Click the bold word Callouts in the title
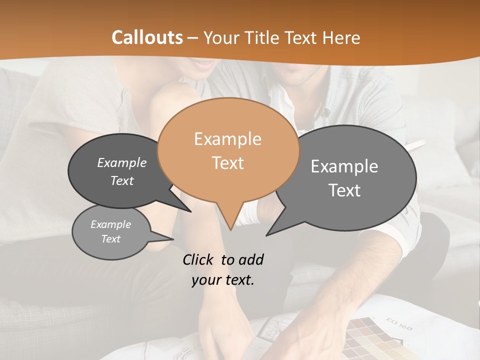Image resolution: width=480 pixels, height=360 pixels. (147, 37)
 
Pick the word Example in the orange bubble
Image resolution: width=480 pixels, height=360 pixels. (227, 139)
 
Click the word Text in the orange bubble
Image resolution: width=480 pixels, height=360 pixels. (228, 163)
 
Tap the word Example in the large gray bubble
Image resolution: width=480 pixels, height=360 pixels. (344, 166)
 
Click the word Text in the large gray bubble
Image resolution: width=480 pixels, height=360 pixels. (344, 190)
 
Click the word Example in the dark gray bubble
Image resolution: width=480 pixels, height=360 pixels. (122, 162)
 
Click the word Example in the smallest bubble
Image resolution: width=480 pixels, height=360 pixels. (110, 224)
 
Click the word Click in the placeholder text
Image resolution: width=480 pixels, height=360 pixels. (198, 259)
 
